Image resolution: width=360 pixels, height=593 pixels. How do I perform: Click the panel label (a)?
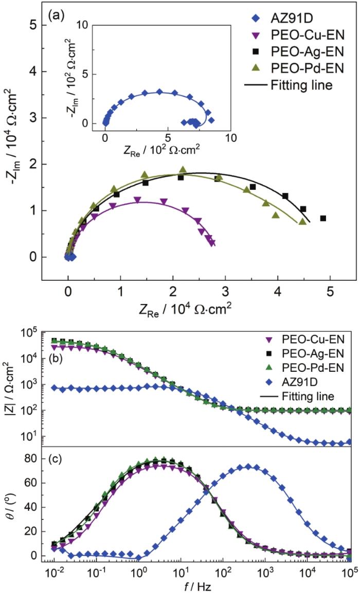pyautogui.click(x=56, y=14)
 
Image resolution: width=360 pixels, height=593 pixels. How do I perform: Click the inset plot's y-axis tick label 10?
pyautogui.click(x=80, y=24)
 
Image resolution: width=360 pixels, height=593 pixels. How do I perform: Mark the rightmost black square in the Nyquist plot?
pyautogui.click(x=323, y=219)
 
